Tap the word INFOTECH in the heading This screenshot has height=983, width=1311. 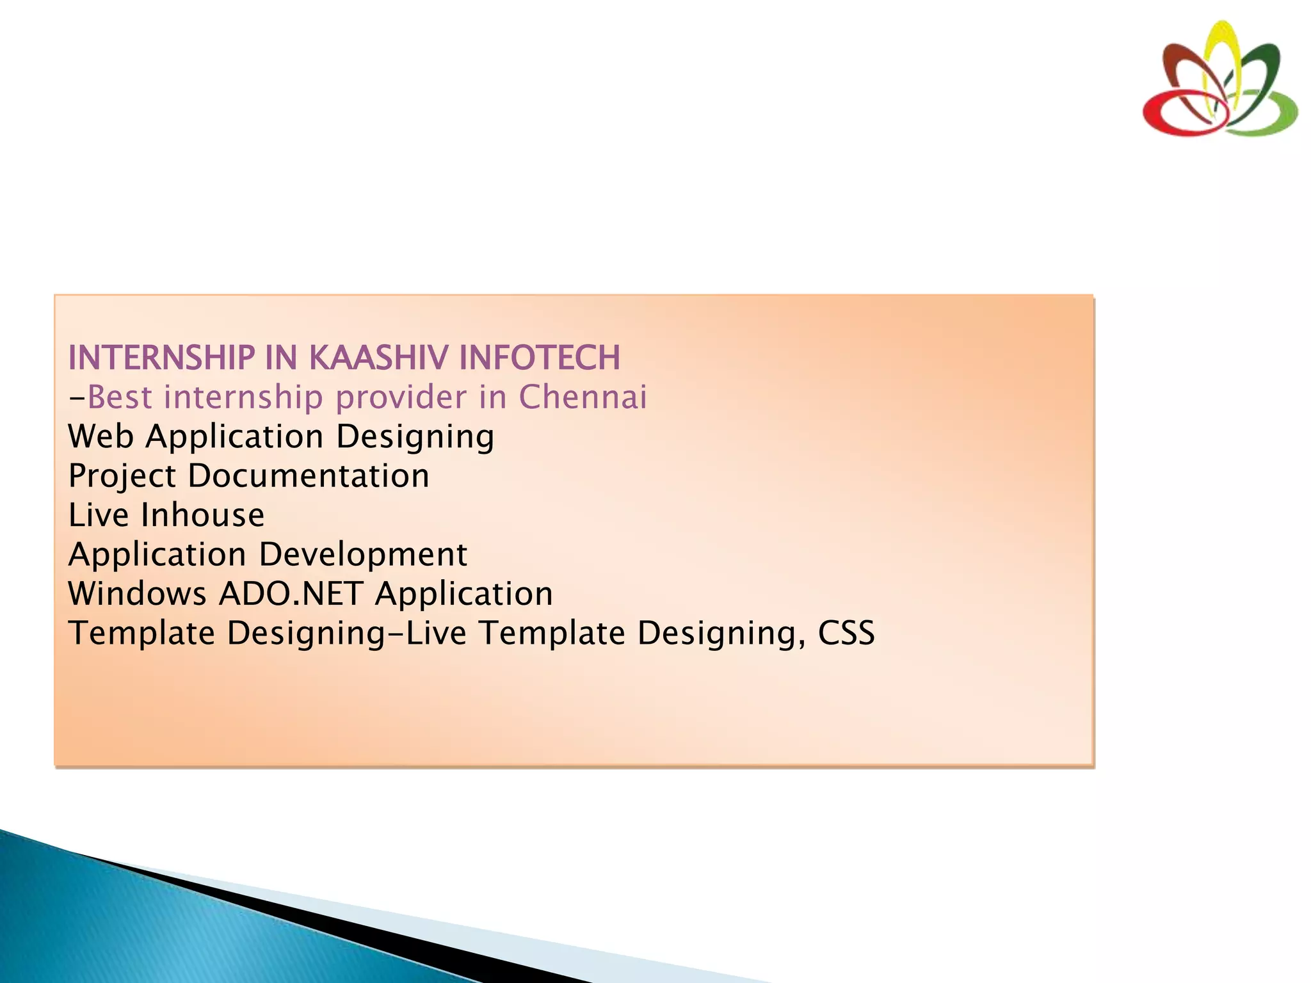click(540, 358)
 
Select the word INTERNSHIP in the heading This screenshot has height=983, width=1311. click(161, 358)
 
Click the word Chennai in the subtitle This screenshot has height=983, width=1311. click(583, 397)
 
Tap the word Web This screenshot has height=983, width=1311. click(101, 437)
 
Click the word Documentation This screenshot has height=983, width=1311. click(309, 476)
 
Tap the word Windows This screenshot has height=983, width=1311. click(137, 594)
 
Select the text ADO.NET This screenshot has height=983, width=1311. click(291, 594)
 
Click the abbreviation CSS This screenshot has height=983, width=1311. click(846, 633)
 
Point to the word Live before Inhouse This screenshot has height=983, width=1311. click(99, 515)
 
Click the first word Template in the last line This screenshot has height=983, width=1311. click(141, 633)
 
